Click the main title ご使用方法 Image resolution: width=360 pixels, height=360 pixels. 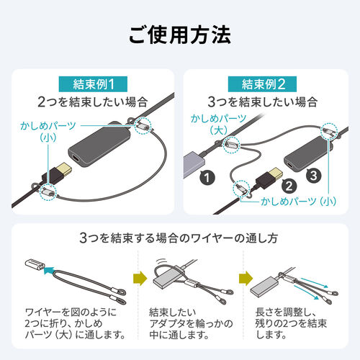(x=179, y=34)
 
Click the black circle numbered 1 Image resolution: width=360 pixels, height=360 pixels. (x=207, y=175)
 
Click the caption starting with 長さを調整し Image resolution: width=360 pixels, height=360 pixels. (x=294, y=323)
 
